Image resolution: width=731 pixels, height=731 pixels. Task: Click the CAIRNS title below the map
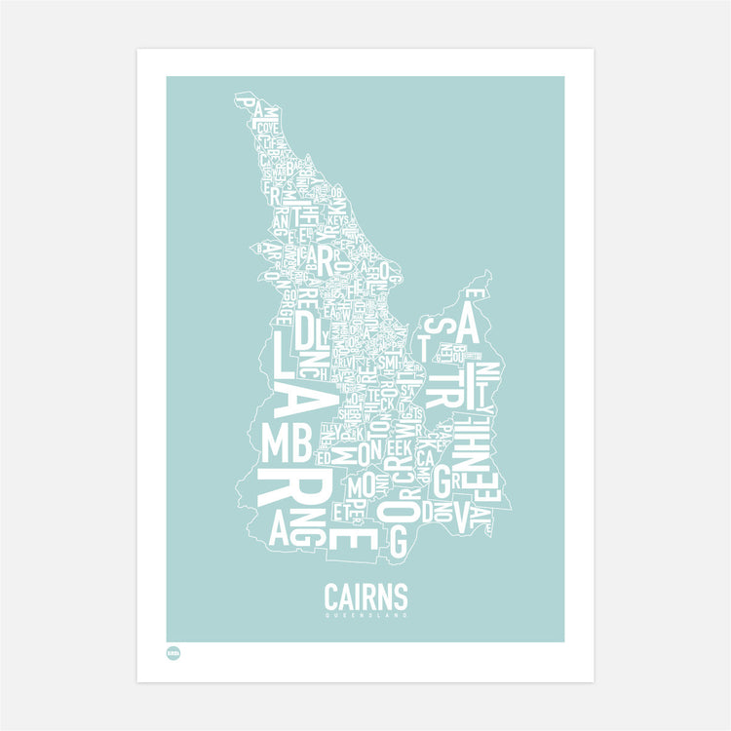[x=365, y=596]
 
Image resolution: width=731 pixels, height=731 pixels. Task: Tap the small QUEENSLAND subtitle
[x=365, y=615]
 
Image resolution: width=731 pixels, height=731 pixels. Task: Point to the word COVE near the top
[x=269, y=127]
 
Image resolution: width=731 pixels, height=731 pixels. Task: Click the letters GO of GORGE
[x=289, y=289]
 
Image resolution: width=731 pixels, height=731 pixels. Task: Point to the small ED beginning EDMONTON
[x=323, y=455]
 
